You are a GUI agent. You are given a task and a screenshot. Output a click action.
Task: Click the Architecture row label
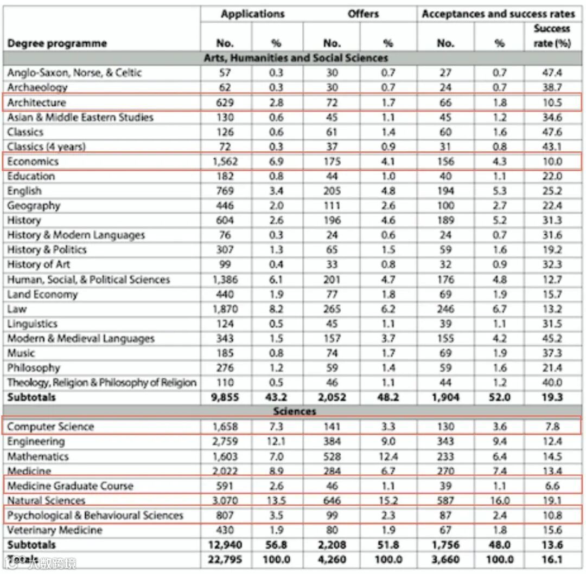point(36,102)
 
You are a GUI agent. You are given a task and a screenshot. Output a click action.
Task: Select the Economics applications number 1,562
point(225,162)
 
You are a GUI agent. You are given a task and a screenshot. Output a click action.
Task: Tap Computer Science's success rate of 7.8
point(552,427)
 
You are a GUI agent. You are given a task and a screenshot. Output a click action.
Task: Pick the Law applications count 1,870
point(225,309)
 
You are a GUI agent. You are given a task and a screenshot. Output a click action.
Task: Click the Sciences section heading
point(295,411)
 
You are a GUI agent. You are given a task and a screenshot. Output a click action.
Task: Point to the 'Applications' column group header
point(252,14)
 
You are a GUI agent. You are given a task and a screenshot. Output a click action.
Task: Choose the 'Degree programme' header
point(57,43)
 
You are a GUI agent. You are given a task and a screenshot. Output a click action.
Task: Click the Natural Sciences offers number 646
point(332,500)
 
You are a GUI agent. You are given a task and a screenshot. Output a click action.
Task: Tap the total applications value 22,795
point(222,559)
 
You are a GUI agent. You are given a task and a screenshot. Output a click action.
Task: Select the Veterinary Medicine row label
point(54,530)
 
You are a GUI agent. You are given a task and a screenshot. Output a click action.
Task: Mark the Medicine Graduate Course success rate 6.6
point(552,486)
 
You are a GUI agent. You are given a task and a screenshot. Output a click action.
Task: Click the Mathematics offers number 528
point(332,456)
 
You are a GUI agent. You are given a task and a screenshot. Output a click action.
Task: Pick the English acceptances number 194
point(445,191)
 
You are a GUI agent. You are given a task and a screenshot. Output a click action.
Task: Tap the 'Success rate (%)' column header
point(552,36)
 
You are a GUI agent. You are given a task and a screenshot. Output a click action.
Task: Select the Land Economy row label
point(42,294)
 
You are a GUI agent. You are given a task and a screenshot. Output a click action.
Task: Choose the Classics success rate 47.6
point(552,132)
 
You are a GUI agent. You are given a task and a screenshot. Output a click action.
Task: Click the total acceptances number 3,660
point(445,559)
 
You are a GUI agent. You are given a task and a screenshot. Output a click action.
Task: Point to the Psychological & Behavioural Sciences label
point(95,515)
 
